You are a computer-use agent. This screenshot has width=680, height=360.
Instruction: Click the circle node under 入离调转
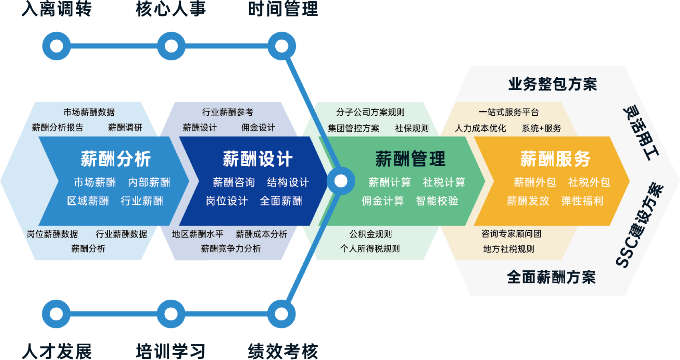click(x=56, y=46)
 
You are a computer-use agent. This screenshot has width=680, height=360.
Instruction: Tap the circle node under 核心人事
click(x=171, y=46)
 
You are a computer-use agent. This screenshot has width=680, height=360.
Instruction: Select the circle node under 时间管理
click(x=282, y=46)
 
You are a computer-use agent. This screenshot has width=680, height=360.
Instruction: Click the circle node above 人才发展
click(x=56, y=314)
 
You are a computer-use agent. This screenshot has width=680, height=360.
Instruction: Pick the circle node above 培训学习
click(x=171, y=314)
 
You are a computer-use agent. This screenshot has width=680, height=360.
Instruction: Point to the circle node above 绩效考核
click(x=281, y=314)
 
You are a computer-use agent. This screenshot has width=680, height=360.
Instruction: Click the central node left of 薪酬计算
click(x=341, y=181)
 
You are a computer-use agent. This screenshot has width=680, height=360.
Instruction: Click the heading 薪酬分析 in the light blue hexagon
click(x=116, y=159)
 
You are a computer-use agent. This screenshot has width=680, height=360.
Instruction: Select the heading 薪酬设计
click(x=257, y=159)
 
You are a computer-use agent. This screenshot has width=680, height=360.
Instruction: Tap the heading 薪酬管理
click(x=410, y=159)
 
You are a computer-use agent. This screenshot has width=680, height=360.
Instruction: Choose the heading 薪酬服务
click(x=555, y=159)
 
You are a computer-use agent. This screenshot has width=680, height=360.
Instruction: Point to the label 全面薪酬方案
click(x=551, y=277)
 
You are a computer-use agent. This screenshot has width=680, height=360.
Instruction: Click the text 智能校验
click(x=437, y=201)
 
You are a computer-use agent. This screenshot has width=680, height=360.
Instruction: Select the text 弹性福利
click(x=582, y=201)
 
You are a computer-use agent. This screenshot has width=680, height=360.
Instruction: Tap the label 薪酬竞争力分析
click(x=231, y=249)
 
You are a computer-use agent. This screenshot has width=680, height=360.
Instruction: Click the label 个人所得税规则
click(x=370, y=249)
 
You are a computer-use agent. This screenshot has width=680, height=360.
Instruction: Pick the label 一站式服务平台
click(x=508, y=112)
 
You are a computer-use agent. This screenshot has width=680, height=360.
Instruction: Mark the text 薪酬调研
click(x=125, y=128)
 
